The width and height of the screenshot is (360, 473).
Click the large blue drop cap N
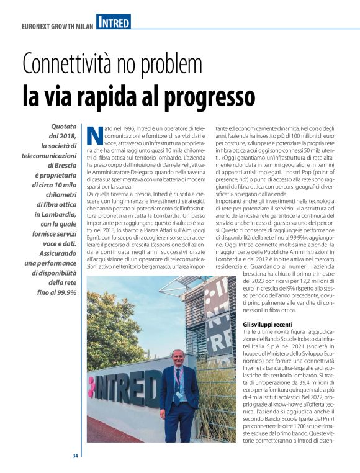95,136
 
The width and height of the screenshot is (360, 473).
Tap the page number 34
74,456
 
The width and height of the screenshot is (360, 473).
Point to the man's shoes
179,439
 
